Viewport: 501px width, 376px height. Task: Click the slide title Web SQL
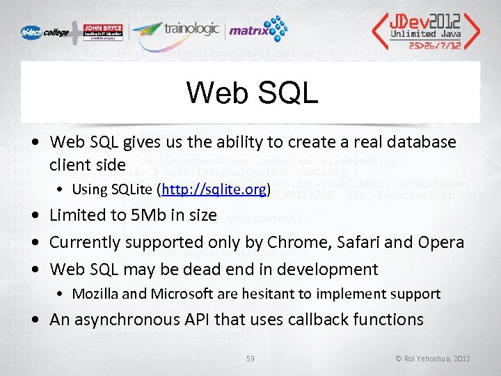pos(252,93)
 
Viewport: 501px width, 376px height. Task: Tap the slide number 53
pos(250,359)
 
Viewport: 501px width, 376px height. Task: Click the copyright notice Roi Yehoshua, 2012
pos(433,359)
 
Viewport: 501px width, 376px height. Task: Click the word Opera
pos(439,242)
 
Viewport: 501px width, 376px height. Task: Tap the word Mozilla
pos(96,295)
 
